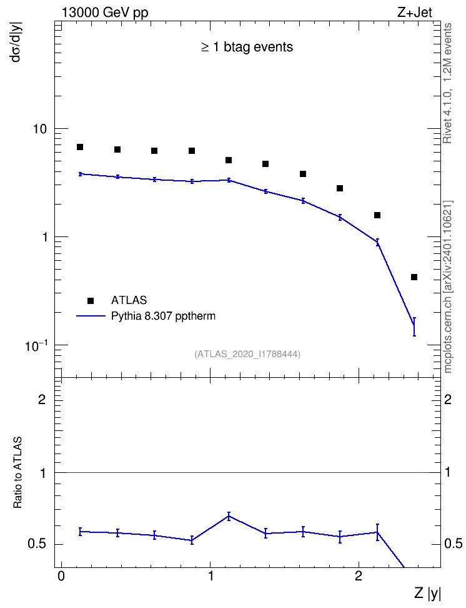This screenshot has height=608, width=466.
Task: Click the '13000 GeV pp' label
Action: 105,13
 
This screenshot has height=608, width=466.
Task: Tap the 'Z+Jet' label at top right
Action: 415,13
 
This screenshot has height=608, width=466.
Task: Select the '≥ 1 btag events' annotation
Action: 247,47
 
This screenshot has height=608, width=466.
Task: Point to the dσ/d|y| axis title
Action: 17,41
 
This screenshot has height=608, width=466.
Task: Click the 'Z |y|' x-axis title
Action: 427,593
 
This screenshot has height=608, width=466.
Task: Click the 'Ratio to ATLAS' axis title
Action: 17,472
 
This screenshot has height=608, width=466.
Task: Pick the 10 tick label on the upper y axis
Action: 40,128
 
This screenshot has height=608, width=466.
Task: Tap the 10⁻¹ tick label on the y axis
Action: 36,345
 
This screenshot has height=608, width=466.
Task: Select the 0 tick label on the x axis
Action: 61,576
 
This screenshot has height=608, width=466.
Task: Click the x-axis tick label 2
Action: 359,576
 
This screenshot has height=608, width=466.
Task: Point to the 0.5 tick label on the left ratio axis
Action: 37,544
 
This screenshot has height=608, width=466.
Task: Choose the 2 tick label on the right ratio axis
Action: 448,399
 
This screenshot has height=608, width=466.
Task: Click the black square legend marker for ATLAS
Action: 91,300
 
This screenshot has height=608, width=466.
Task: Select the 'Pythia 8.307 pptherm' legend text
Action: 163,316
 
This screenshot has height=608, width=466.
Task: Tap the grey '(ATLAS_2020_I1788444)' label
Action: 247,353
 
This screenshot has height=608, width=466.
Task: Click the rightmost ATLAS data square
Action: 414,277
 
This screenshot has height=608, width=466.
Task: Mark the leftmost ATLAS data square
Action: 80,147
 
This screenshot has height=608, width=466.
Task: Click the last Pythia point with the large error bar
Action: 414,327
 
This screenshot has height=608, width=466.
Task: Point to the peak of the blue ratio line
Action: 229,516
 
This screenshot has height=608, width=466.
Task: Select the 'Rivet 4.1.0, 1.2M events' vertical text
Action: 447,83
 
